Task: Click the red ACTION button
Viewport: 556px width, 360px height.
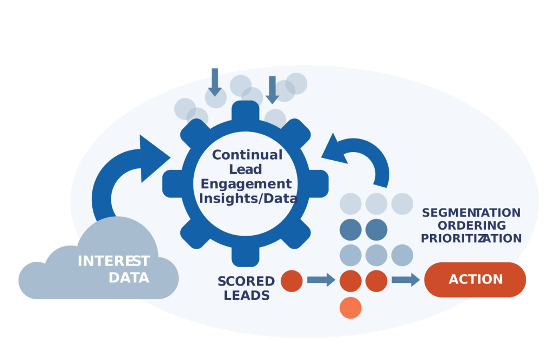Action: coord(475,280)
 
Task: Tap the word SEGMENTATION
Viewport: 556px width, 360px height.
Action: coord(471,213)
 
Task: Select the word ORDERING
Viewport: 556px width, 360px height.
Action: coord(471,225)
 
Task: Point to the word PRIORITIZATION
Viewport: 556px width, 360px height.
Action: coord(471,238)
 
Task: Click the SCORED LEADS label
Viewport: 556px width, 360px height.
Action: coord(246,288)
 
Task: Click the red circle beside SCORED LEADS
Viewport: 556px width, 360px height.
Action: coord(292,281)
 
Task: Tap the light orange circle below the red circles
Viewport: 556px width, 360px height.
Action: coord(350,308)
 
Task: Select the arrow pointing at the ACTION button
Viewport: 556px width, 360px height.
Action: coord(406,280)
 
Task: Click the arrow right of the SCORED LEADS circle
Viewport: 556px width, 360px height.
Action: coord(321,280)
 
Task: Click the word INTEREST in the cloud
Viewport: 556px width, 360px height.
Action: coord(113,262)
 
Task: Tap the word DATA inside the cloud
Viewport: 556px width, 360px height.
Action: coord(129,278)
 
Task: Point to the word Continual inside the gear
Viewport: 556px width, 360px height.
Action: coord(247,155)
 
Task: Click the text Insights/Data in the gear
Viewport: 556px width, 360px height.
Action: coord(248,198)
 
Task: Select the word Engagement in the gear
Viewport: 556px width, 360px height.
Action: coord(246,184)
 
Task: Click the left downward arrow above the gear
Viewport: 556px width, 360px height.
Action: coord(215,82)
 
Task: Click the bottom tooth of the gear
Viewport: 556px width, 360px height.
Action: coord(245,255)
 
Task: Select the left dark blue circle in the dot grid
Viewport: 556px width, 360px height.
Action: coord(350,230)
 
